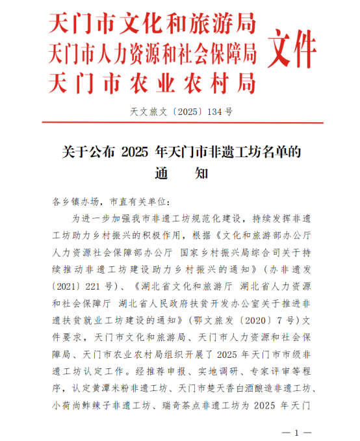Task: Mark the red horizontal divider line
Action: tap(179, 123)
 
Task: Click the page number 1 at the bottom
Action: tap(296, 432)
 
